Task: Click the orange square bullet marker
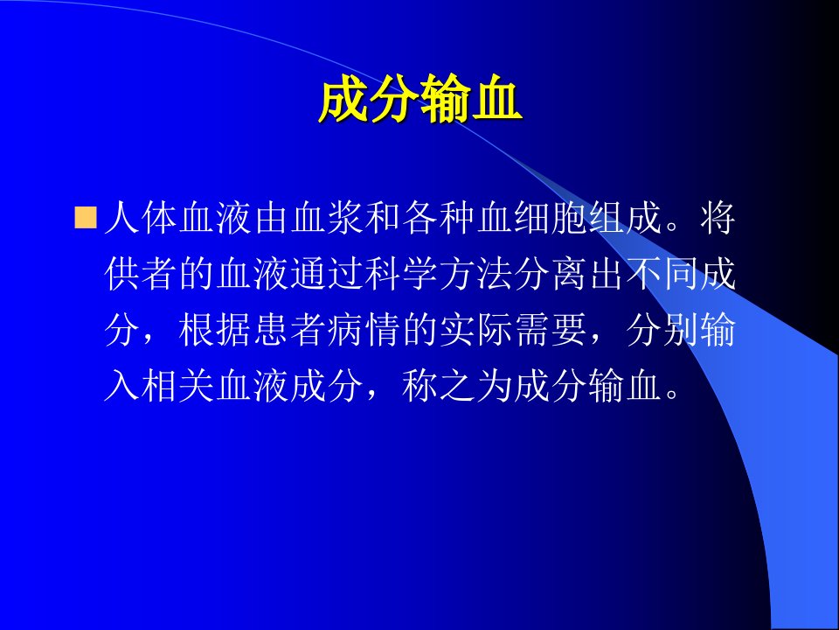[x=85, y=218]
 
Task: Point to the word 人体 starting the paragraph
[x=142, y=218]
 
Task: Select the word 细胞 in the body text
[x=551, y=218]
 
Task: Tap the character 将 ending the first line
[x=718, y=218]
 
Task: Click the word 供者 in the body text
[x=142, y=274]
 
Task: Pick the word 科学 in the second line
[x=402, y=274]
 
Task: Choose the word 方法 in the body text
[x=477, y=274]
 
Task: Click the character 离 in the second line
[x=570, y=274]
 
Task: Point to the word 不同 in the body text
[x=662, y=274]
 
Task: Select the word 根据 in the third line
[x=216, y=330]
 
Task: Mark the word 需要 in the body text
[x=551, y=330]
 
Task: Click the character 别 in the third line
[x=681, y=330]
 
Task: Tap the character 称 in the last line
[x=420, y=385]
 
